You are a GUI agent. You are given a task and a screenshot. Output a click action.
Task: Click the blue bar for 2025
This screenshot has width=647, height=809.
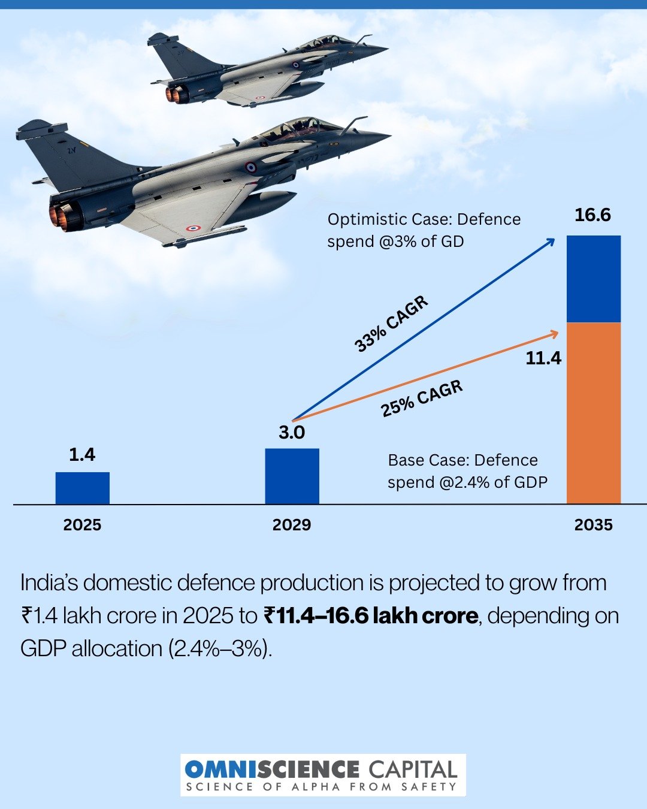[83, 488]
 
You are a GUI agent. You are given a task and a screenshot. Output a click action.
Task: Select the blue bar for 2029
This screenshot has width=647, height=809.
[292, 476]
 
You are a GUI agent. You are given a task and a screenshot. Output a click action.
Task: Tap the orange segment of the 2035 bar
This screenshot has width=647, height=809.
[593, 413]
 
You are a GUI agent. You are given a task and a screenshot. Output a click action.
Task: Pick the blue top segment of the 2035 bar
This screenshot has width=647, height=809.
[593, 279]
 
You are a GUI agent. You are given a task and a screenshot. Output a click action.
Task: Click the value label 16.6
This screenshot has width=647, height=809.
[592, 215]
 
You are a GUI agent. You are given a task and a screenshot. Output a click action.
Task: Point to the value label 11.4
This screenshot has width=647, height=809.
[543, 358]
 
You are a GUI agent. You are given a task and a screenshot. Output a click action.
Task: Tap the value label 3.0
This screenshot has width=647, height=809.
[292, 432]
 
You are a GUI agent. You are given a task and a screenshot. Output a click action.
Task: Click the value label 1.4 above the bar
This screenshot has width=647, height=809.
[82, 455]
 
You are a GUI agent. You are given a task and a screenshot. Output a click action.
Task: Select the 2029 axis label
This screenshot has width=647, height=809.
[292, 525]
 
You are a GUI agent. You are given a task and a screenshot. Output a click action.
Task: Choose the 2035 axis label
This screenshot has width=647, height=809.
[593, 525]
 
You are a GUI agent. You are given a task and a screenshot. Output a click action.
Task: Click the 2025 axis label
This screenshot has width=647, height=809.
[82, 525]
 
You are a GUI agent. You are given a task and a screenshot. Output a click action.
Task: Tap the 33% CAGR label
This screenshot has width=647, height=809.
[392, 324]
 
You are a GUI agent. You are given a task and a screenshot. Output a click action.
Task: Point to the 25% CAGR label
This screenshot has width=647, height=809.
[422, 399]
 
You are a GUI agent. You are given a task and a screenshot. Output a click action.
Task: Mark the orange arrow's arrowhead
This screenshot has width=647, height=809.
[555, 331]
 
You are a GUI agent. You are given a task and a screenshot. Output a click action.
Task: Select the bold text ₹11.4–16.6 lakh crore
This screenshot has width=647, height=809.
[371, 615]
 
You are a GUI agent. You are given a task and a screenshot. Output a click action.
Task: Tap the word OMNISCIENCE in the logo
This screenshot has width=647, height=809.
[271, 769]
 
